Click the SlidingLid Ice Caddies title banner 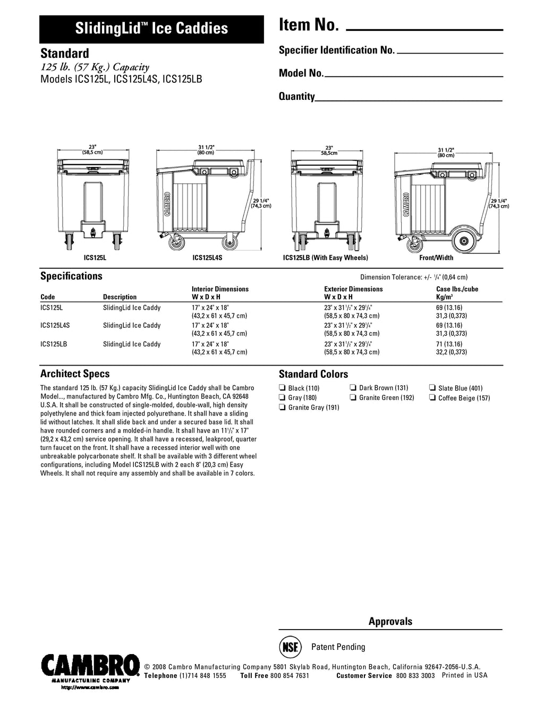[151, 29]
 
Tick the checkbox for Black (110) [282, 388]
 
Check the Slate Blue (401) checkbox [432, 388]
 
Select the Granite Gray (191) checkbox [282, 408]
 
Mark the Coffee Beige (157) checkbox [432, 398]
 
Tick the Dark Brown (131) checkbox [353, 388]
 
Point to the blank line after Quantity [409, 100]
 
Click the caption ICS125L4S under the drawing [207, 258]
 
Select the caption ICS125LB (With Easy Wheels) [325, 258]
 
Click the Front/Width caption [436, 258]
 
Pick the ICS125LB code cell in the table [54, 344]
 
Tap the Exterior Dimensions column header [353, 289]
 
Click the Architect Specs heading [75, 374]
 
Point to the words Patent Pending [338, 647]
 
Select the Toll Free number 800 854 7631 [289, 676]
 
